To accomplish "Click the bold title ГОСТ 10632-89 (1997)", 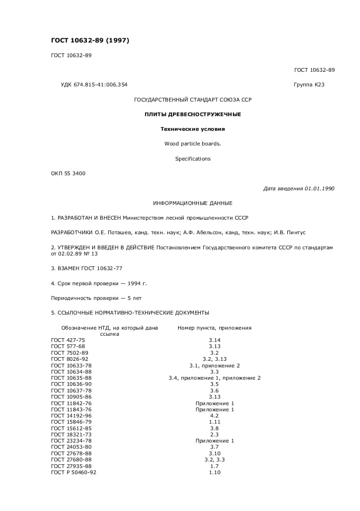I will pyautogui.click(x=90, y=41).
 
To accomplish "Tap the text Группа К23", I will pyautogui.click(x=309, y=85).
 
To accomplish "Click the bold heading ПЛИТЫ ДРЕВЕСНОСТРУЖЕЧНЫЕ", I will pyautogui.click(x=193, y=114).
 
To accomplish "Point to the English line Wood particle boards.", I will pyautogui.click(x=193, y=144).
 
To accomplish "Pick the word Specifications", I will pyautogui.click(x=193, y=159).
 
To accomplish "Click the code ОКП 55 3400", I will pyautogui.click(x=68, y=173).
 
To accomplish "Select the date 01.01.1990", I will pyautogui.click(x=319, y=188).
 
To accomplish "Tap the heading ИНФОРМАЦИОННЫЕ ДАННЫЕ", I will pyautogui.click(x=193, y=203).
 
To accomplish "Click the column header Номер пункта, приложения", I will pyautogui.click(x=214, y=328).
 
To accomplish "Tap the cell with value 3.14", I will pyautogui.click(x=214, y=340).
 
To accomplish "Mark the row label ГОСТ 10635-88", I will pyautogui.click(x=71, y=378).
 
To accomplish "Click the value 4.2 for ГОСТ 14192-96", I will pyautogui.click(x=214, y=416).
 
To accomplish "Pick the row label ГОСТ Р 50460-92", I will pyautogui.click(x=74, y=472).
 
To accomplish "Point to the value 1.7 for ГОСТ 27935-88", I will pyautogui.click(x=214, y=466).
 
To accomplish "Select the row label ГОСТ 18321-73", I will pyautogui.click(x=71, y=434).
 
